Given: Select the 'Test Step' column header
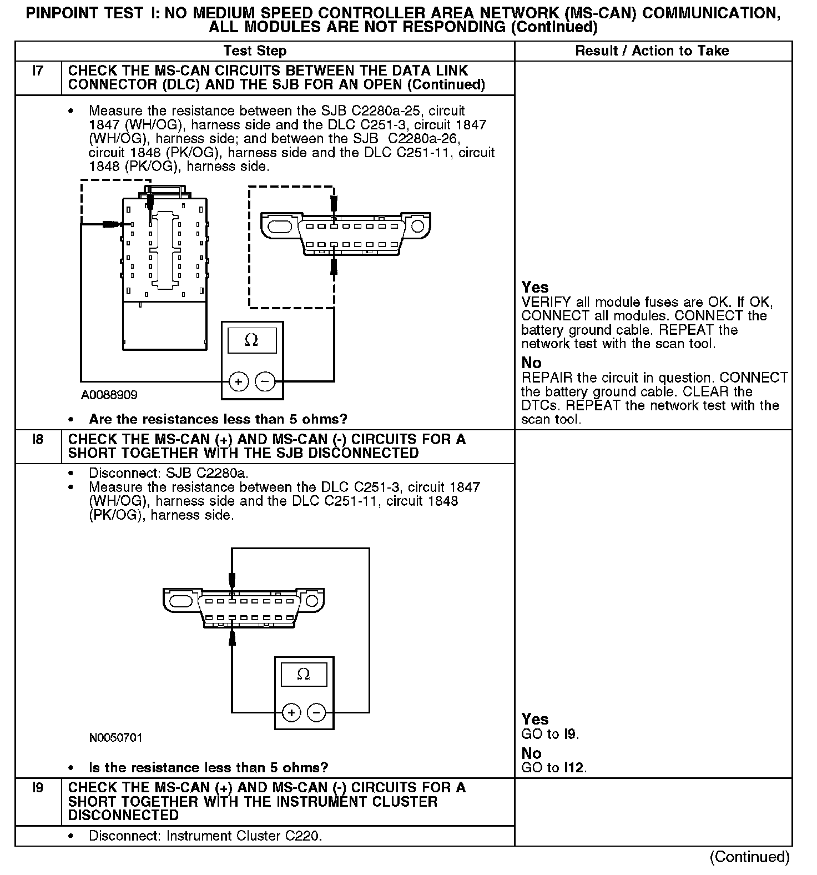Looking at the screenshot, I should [255, 51].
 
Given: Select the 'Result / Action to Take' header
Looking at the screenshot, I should [652, 51].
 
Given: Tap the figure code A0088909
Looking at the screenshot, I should [109, 395].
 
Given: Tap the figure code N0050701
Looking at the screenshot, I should [115, 738].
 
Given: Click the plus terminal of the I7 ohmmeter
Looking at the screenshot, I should [239, 382].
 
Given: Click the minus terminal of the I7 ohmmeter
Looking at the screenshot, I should [265, 382].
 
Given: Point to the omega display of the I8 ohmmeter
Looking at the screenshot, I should [304, 675].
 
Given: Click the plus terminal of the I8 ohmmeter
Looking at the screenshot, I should [291, 712].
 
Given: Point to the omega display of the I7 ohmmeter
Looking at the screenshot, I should [252, 340].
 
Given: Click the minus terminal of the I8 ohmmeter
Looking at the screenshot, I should [316, 712].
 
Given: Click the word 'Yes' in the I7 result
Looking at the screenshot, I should [535, 288].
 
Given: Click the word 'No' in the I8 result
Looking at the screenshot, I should [531, 753].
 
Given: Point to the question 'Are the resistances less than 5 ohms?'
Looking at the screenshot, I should [218, 419].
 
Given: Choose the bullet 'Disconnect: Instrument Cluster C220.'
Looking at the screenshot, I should [205, 836].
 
